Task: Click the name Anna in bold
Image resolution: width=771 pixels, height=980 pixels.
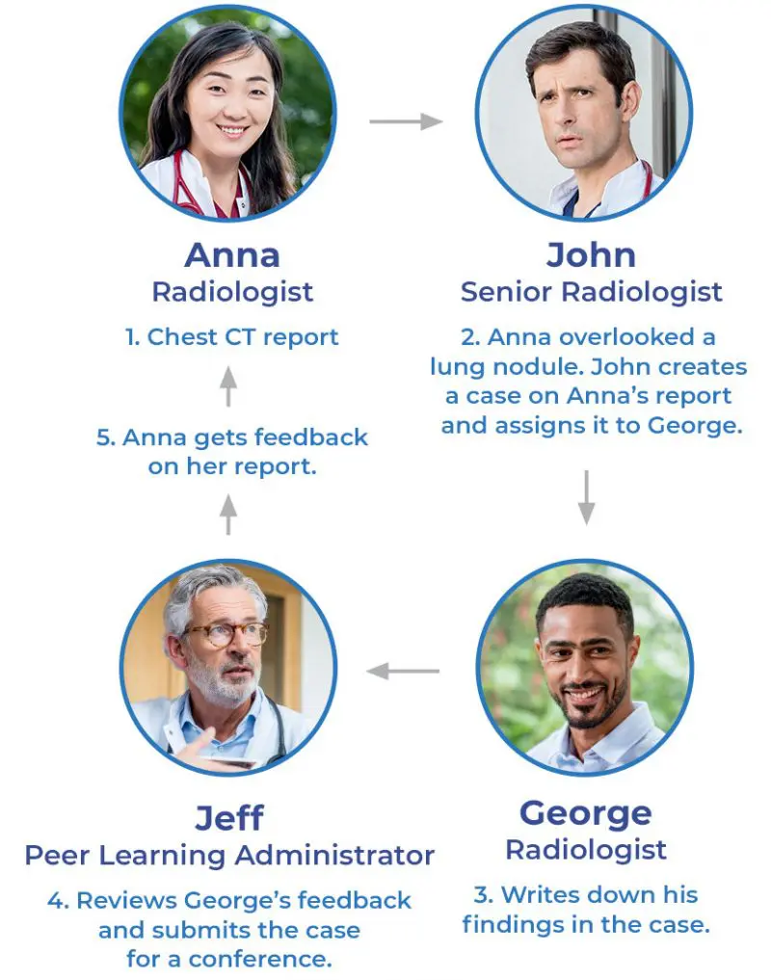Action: [x=231, y=255]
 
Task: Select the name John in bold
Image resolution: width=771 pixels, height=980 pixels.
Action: [x=591, y=255]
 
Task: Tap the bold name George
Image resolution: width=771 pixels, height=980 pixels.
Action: [x=585, y=813]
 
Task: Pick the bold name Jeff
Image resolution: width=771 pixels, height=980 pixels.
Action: [x=229, y=818]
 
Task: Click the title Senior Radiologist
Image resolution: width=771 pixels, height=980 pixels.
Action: [x=591, y=292]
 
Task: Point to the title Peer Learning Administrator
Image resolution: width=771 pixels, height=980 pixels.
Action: [x=229, y=855]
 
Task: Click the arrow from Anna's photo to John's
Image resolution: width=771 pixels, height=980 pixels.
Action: [x=405, y=121]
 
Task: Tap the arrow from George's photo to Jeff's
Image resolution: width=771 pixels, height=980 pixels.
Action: [x=404, y=671]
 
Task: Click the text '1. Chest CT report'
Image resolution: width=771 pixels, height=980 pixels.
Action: [x=231, y=337]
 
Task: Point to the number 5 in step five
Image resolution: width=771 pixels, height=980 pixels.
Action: [x=104, y=437]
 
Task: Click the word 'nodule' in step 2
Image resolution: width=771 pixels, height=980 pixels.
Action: [x=552, y=367]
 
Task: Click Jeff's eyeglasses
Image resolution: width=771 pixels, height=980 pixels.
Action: [x=226, y=634]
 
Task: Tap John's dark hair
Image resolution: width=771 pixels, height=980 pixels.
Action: [x=578, y=48]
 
